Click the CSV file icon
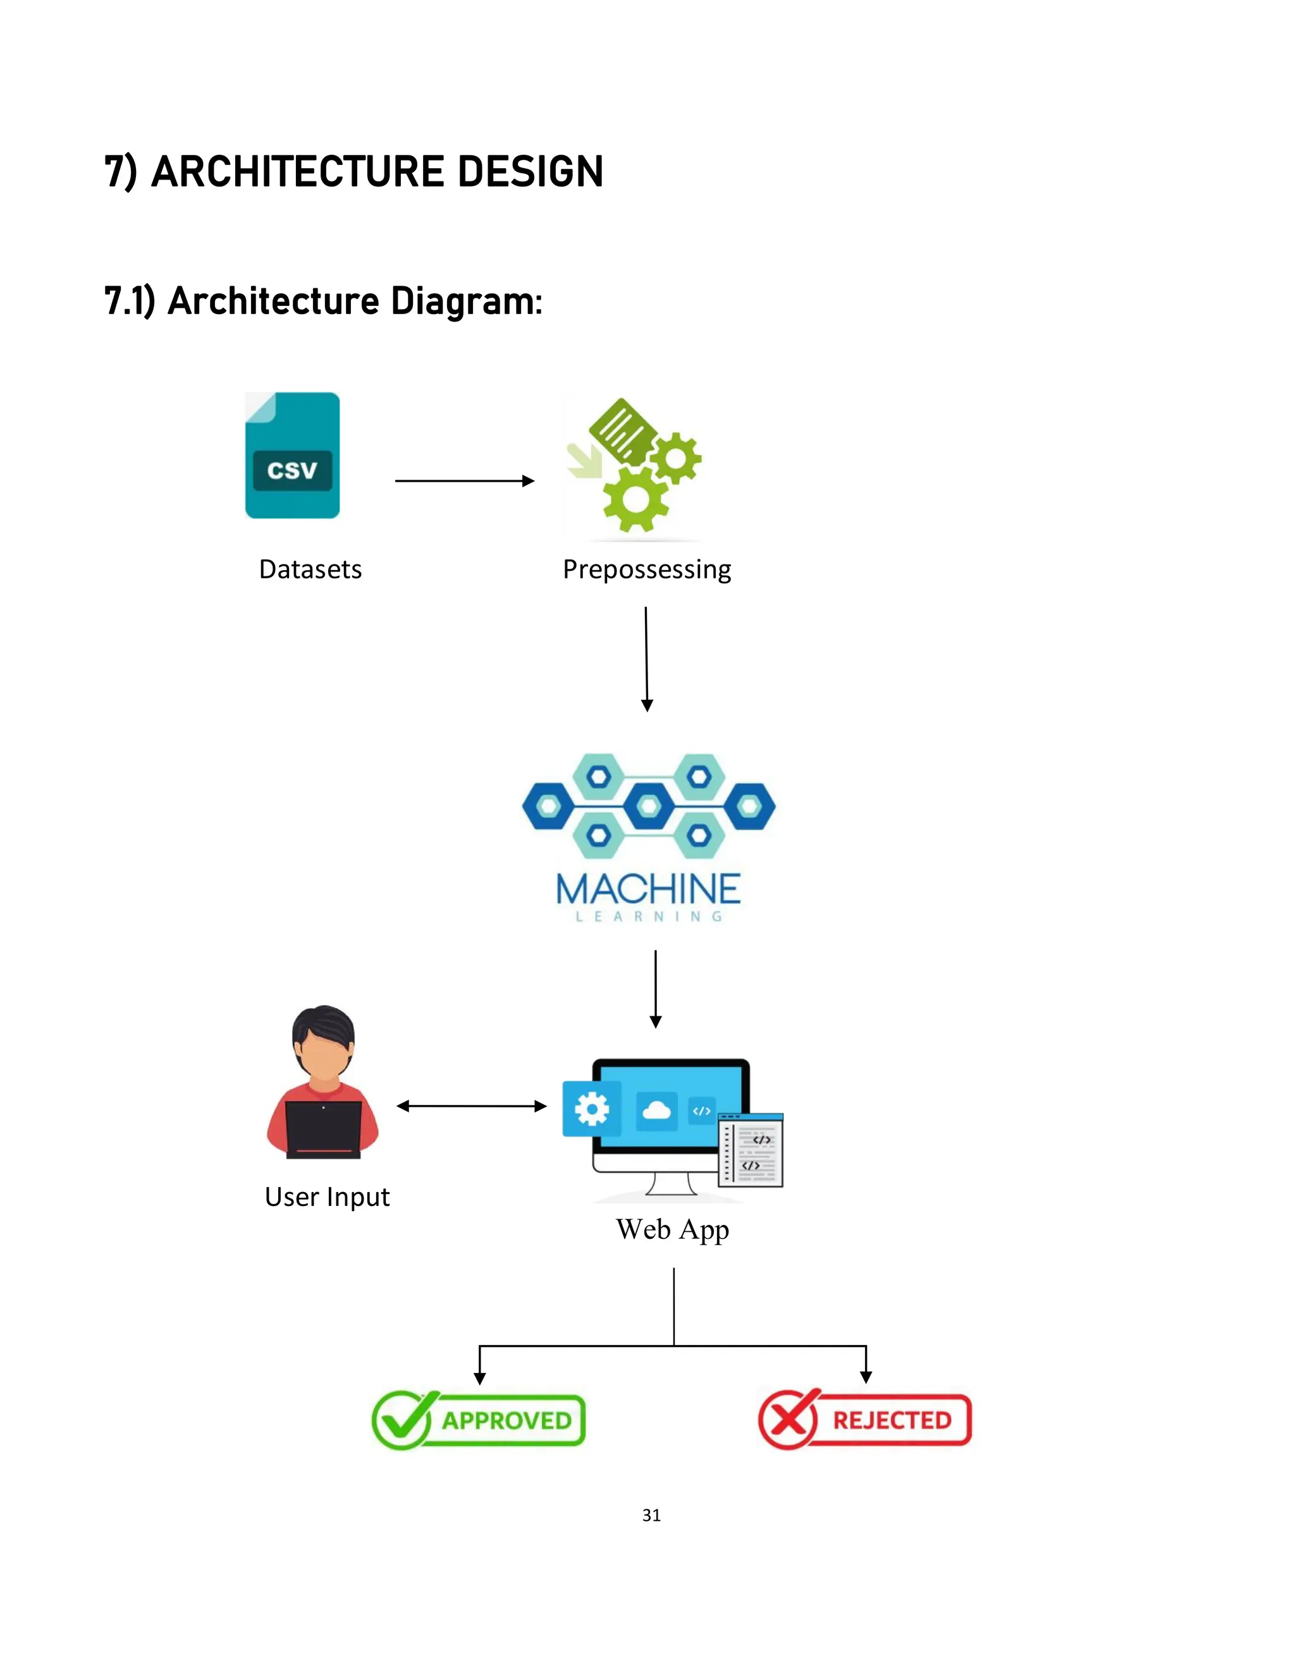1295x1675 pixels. pyautogui.click(x=292, y=456)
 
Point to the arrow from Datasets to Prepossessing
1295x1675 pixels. pyautogui.click(x=464, y=481)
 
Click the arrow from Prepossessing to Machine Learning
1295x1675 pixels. pyautogui.click(x=646, y=659)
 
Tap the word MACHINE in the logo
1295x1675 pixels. pyautogui.click(x=647, y=890)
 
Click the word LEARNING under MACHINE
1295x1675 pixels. pyautogui.click(x=649, y=917)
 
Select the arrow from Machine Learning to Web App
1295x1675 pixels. pyautogui.click(x=655, y=989)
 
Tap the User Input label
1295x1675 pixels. pyautogui.click(x=327, y=1197)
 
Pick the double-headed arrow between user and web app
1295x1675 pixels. pyautogui.click(x=471, y=1106)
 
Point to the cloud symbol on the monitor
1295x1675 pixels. pyautogui.click(x=657, y=1111)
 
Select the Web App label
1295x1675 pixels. pyautogui.click(x=672, y=1229)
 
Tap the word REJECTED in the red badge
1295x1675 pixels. pyautogui.click(x=892, y=1420)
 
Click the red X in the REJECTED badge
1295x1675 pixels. pyautogui.click(x=788, y=1420)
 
